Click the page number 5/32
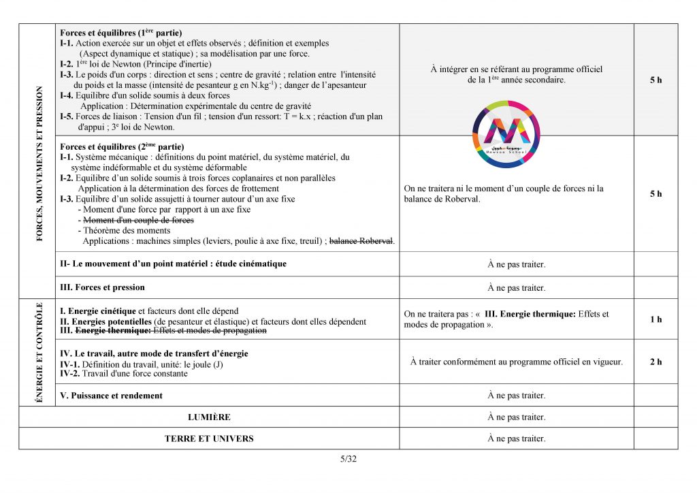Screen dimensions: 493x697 pos(348,458)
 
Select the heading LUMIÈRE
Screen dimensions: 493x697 pos(209,417)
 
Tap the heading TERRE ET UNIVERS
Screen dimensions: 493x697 pos(209,439)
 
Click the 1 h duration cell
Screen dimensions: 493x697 pos(655,319)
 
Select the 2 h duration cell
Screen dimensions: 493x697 pos(655,362)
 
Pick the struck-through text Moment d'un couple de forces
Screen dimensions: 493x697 pos(138,221)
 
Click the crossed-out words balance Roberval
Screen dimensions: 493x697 pos(361,241)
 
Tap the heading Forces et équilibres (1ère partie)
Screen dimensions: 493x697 pos(121,33)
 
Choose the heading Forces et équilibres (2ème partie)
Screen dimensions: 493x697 pos(122,146)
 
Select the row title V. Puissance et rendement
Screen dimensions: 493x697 pos(112,396)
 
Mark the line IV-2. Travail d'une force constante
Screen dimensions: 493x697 pos(124,373)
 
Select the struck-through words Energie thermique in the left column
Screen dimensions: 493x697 pos(112,331)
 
